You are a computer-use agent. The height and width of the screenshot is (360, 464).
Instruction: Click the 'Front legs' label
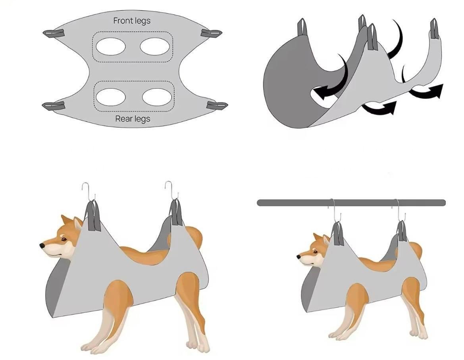[132, 21]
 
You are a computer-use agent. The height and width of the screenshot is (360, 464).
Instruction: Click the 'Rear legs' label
[133, 119]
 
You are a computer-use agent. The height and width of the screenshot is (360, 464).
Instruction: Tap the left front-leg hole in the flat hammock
[111, 46]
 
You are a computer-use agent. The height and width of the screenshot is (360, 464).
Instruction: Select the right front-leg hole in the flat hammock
[155, 46]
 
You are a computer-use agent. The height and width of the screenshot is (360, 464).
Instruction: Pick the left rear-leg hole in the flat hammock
[111, 97]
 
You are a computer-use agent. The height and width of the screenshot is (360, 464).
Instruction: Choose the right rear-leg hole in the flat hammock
[157, 97]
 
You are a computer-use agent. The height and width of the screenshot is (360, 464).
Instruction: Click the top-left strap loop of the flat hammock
[54, 33]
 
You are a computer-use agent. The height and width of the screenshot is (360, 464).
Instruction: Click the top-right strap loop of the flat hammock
[211, 33]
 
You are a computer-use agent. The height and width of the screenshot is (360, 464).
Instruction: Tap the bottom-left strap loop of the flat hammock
[53, 105]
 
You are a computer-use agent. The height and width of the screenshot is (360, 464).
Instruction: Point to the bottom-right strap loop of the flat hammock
[217, 105]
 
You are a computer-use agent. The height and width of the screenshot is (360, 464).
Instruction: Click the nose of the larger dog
[42, 245]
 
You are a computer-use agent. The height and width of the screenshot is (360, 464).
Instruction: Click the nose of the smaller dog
[299, 256]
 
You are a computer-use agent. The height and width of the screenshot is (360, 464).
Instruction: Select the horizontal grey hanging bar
[351, 203]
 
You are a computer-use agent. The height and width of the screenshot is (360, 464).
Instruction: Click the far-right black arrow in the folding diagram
[427, 91]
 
